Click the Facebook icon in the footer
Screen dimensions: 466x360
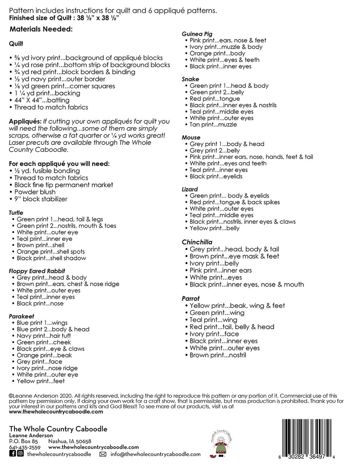12,454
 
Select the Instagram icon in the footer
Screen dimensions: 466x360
21,454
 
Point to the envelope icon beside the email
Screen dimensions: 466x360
103,454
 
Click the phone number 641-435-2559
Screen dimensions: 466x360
24,448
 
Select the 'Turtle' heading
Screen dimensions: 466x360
16,213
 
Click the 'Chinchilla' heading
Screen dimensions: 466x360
197,242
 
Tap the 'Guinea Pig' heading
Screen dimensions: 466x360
197,34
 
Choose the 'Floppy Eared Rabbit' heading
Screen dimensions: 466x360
37,271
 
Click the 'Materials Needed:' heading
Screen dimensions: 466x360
41,29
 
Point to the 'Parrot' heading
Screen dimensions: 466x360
190,299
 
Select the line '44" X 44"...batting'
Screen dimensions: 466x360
42,100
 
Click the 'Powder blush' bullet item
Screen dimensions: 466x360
35,192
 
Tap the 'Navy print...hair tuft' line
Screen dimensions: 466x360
44,336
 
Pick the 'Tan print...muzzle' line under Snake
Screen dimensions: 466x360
213,125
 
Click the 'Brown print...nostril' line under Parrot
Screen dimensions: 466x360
218,355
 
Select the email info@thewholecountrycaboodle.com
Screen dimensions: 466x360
156,454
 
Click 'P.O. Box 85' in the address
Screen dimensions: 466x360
23,442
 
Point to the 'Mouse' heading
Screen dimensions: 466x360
191,138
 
